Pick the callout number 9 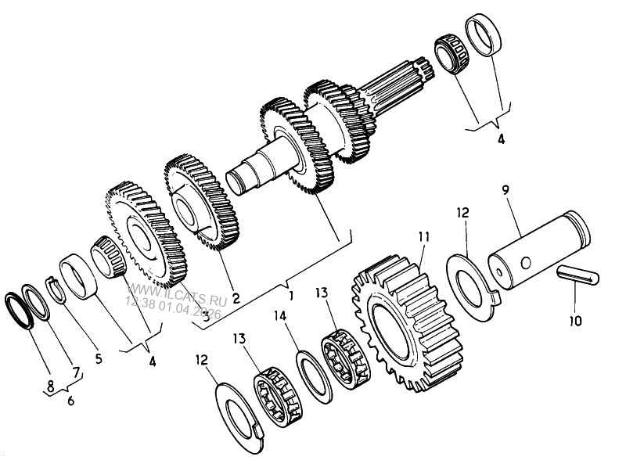(505, 190)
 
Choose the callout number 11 (423, 235)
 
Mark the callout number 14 (279, 317)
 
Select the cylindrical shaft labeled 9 (537, 250)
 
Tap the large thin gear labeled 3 (145, 235)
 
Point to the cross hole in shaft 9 (526, 261)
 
